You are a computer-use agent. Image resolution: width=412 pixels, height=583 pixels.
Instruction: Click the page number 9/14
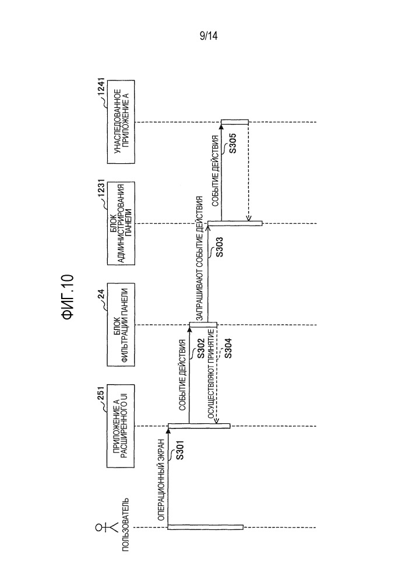point(209,36)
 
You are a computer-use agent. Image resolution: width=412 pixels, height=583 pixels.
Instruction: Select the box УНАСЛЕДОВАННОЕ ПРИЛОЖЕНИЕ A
point(121,122)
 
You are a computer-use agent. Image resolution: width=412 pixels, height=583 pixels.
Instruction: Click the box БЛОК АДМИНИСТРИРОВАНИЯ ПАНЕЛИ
point(121,223)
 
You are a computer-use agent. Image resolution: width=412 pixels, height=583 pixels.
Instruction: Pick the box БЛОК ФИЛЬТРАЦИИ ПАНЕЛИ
point(121,325)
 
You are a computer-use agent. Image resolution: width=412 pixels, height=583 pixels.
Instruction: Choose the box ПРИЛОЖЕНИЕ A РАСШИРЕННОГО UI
point(121,426)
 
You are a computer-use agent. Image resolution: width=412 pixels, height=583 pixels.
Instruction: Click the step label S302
point(201,349)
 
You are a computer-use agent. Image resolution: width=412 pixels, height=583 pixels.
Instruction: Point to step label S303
point(219,247)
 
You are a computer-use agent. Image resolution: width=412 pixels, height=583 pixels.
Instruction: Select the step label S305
point(233,143)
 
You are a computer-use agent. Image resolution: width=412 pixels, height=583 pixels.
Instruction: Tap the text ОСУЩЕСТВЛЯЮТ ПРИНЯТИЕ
point(211,374)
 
